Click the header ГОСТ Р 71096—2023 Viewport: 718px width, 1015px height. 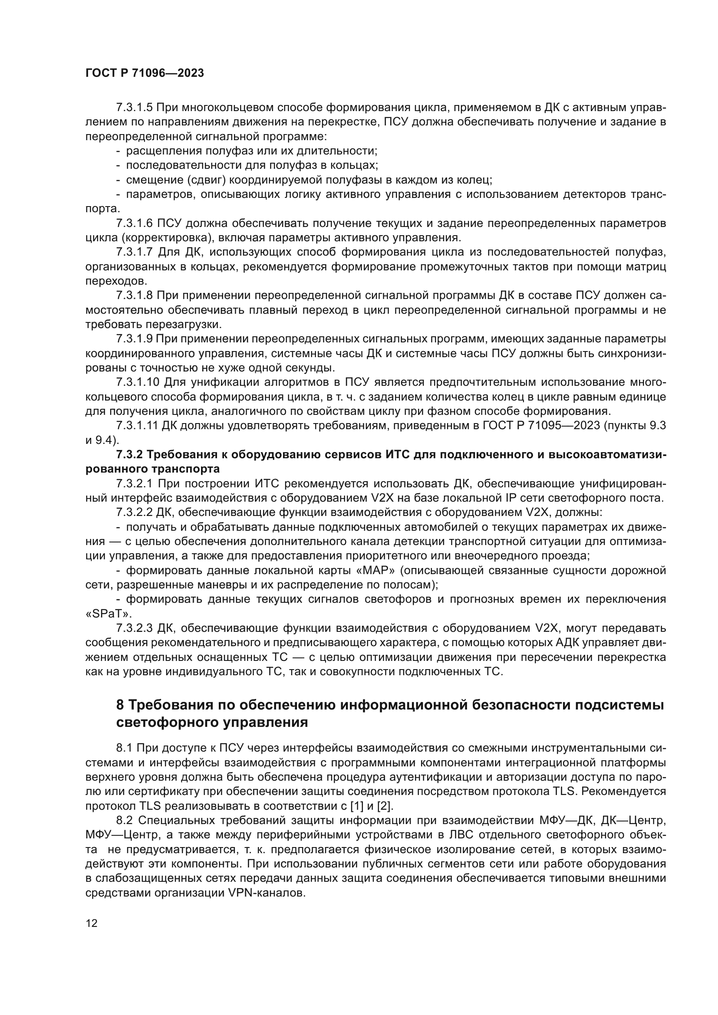point(145,73)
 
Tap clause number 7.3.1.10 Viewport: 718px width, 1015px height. point(138,382)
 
